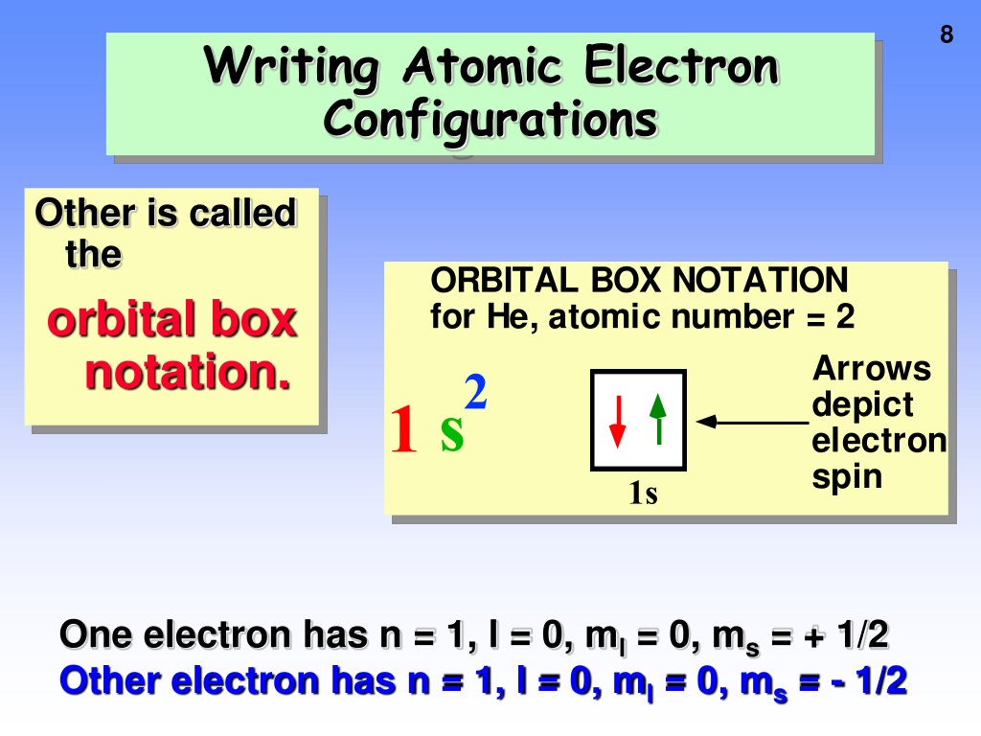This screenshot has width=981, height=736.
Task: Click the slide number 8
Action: pos(947,34)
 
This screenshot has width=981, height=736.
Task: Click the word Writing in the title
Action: pos(291,69)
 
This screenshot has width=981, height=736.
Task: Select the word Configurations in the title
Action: pos(490,122)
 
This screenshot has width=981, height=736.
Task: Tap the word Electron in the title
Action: pos(681,65)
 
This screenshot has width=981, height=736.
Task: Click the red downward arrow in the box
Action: pos(618,422)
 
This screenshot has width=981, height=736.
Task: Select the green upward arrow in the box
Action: pos(658,419)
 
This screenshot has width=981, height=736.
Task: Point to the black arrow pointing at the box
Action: pos(752,422)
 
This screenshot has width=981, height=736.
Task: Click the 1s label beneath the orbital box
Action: pos(643,493)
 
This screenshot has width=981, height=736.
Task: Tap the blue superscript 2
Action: pos(475,392)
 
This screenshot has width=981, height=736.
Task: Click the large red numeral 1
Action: pos(403,429)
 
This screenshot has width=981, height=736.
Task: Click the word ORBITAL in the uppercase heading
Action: pos(504,280)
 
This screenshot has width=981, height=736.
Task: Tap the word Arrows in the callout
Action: pos(872,368)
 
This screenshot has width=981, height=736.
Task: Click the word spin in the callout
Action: pos(847,477)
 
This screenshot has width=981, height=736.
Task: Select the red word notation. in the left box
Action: pos(188,372)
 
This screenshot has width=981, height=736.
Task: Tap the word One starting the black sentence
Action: pos(96,634)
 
